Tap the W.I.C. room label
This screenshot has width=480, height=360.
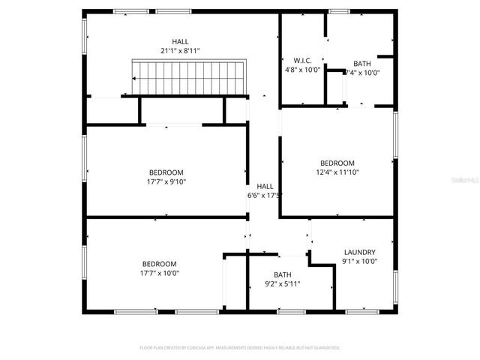pyautogui.click(x=301, y=60)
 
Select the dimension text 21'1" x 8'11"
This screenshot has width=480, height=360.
pyautogui.click(x=180, y=50)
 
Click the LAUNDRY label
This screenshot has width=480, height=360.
pyautogui.click(x=359, y=253)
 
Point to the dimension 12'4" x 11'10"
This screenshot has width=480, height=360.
pyautogui.click(x=337, y=172)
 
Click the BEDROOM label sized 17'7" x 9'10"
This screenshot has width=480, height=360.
pyautogui.click(x=166, y=172)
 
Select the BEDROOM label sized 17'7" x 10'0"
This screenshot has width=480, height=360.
pyautogui.click(x=160, y=264)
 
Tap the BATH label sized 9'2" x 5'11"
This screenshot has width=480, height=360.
pyautogui.click(x=282, y=274)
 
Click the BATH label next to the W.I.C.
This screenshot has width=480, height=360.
pyautogui.click(x=361, y=64)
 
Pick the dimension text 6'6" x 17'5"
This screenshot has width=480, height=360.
pyautogui.click(x=264, y=196)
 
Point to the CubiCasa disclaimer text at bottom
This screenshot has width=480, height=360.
pyautogui.click(x=240, y=348)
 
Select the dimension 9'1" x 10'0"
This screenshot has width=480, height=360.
pyautogui.click(x=359, y=262)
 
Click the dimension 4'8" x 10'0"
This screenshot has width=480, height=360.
pyautogui.click(x=301, y=69)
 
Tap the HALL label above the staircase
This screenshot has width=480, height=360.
pyautogui.click(x=180, y=41)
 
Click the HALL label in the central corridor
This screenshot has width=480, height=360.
pyautogui.click(x=265, y=187)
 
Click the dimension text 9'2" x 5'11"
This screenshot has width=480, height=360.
pyautogui.click(x=282, y=283)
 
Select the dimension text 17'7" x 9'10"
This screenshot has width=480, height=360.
pyautogui.click(x=166, y=181)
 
